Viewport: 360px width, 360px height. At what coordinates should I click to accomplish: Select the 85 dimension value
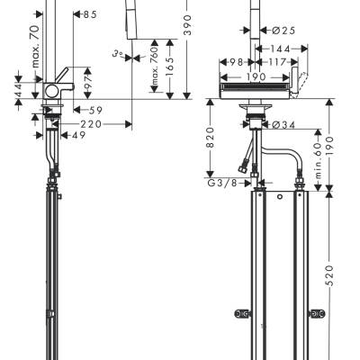[91, 14]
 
